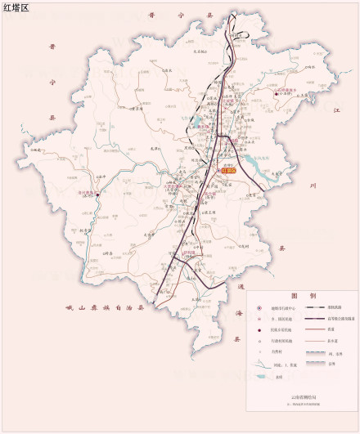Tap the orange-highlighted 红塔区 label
(227, 171)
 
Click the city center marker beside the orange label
(217, 171)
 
